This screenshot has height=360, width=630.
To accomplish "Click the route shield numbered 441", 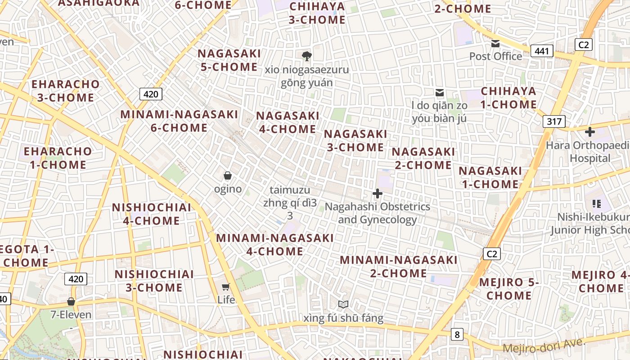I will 542,51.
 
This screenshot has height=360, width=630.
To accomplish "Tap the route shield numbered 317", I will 553,121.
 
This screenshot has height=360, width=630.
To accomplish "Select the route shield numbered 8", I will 457,334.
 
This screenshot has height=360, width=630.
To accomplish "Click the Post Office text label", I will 495,56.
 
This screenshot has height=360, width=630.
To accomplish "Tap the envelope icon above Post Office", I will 495,44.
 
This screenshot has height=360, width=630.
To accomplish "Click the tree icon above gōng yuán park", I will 307,56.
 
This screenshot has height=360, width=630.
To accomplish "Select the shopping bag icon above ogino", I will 228,175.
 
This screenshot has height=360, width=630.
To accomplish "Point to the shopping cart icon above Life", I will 226,287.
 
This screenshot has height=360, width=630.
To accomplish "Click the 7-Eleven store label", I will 71,315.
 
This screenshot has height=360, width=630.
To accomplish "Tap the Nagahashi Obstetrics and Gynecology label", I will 378,213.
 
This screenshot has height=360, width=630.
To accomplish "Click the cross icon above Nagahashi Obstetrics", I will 378,193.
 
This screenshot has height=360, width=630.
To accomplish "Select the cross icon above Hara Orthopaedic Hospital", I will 589,132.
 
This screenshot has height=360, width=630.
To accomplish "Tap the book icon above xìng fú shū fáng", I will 343,305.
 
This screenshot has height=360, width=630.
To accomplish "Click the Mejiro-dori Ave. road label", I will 544,346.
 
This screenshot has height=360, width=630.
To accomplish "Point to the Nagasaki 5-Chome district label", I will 229,60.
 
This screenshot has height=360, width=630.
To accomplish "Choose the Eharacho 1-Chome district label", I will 58,158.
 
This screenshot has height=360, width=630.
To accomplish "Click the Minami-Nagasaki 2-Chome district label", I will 398,266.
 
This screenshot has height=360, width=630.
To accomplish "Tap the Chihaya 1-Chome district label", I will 508,98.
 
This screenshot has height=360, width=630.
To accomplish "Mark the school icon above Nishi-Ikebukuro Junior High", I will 597,204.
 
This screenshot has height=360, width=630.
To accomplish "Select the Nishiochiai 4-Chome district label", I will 152,214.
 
